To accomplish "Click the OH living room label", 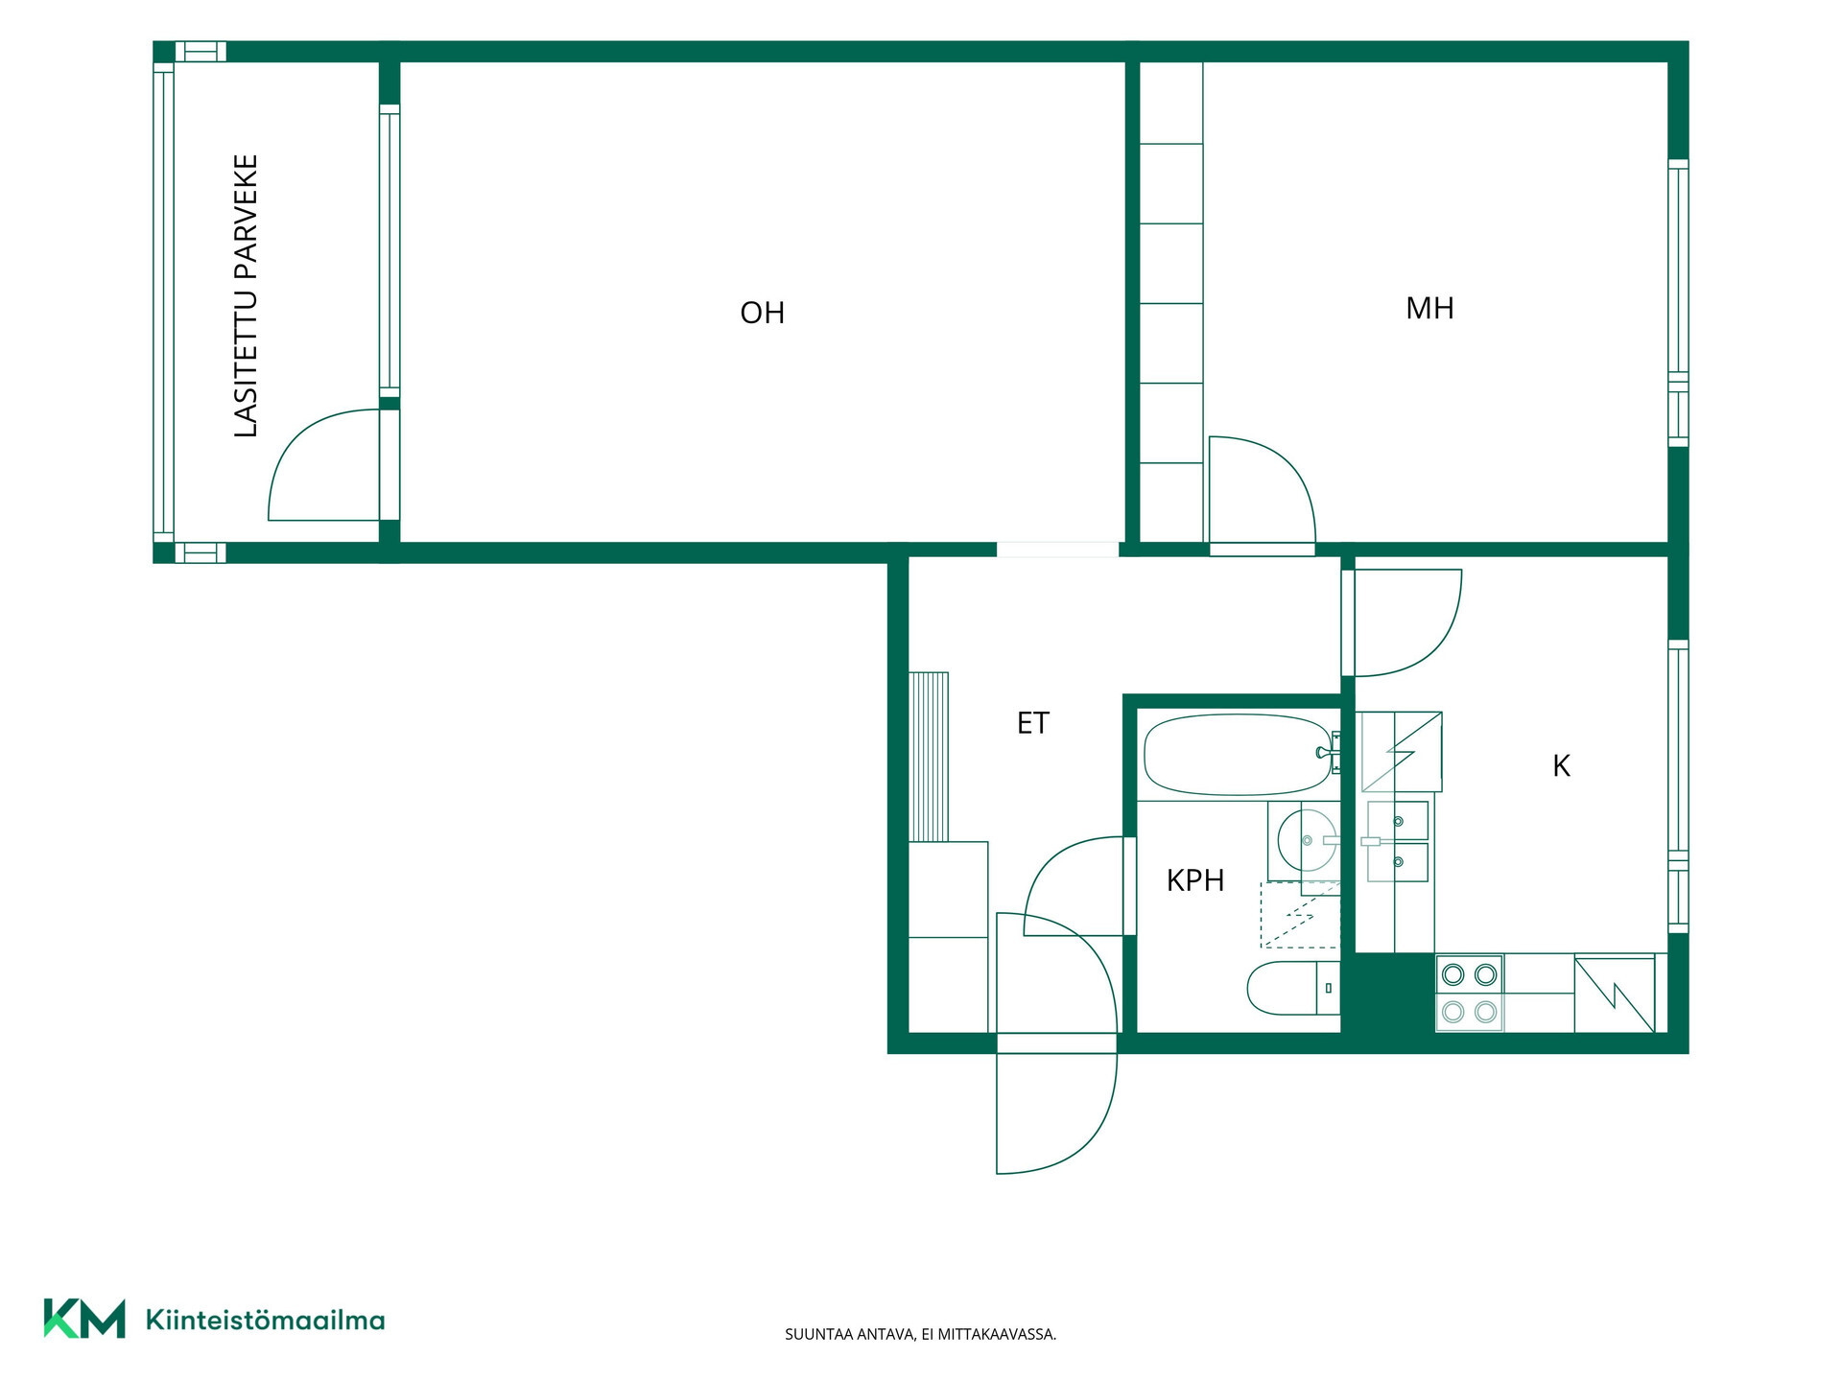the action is (763, 313).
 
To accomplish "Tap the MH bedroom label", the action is (1429, 308).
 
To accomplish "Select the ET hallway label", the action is (1033, 723).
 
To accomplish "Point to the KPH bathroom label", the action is (1195, 880).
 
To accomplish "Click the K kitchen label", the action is (1562, 766).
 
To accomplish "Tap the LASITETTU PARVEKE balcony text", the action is (247, 296).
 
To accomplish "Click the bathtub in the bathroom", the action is (1238, 755).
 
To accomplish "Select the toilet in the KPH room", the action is (1293, 988).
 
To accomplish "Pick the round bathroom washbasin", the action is (1307, 841).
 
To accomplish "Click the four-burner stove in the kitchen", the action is (1469, 993).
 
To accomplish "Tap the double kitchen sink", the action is (1398, 841).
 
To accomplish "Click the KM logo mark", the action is (84, 1319).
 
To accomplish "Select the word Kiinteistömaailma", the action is (265, 1320).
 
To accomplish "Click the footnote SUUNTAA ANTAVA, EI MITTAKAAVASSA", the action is (920, 1334).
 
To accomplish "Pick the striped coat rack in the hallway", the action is (929, 757).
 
